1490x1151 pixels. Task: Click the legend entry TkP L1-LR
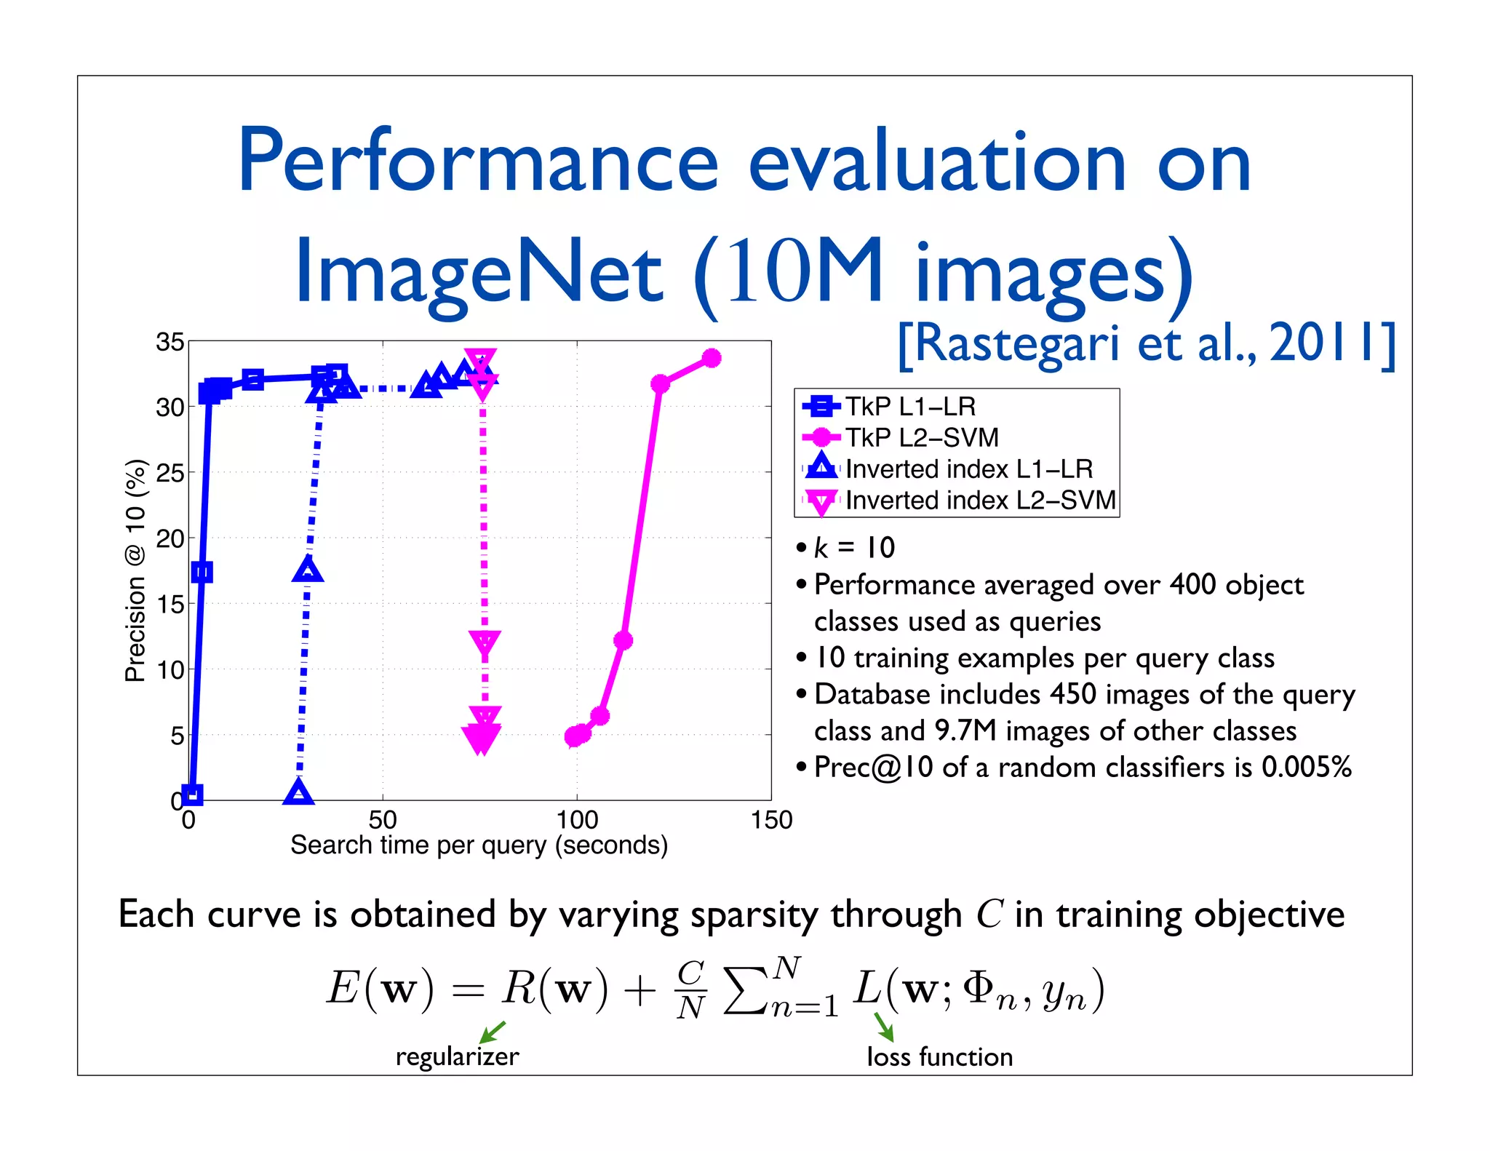[x=909, y=406]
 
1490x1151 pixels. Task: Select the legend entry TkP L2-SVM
[x=921, y=437]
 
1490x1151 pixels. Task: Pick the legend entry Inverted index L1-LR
[x=968, y=469]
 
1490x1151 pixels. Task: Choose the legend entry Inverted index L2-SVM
[x=979, y=501]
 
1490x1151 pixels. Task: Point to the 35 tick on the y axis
[x=170, y=342]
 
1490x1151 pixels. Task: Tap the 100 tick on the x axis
[x=577, y=821]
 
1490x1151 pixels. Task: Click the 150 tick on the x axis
[x=771, y=821]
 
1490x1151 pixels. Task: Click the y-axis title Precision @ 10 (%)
[x=136, y=571]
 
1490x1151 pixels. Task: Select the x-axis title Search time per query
[x=479, y=845]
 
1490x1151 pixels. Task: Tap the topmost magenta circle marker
[x=712, y=358]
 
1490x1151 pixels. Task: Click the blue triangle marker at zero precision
[x=298, y=792]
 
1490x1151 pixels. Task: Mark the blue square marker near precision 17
[x=202, y=572]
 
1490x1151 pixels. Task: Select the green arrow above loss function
[x=883, y=1027]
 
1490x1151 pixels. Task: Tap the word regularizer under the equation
[x=457, y=1056]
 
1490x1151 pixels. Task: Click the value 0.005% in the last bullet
[x=1306, y=768]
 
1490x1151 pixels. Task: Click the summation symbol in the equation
[x=746, y=990]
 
